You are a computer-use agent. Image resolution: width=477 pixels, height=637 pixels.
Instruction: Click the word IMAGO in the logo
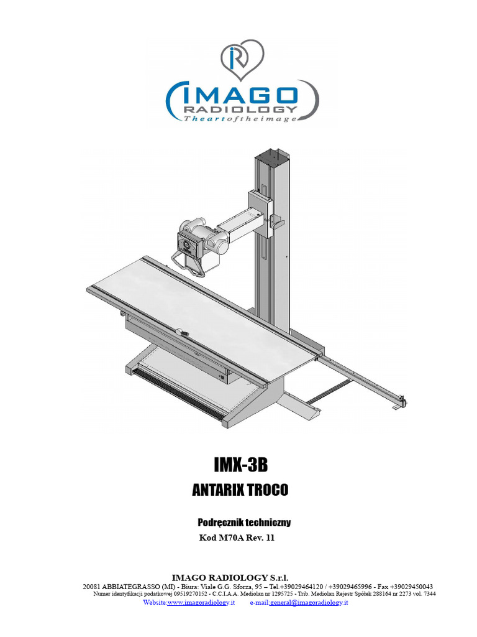[x=242, y=96]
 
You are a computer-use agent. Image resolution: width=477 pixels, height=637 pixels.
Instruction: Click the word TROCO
[x=268, y=490]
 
